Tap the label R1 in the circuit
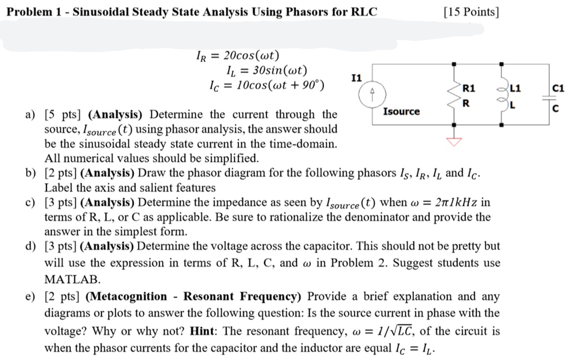click(x=469, y=88)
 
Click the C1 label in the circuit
click(x=557, y=88)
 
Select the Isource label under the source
click(x=402, y=112)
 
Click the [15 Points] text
click(x=471, y=11)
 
